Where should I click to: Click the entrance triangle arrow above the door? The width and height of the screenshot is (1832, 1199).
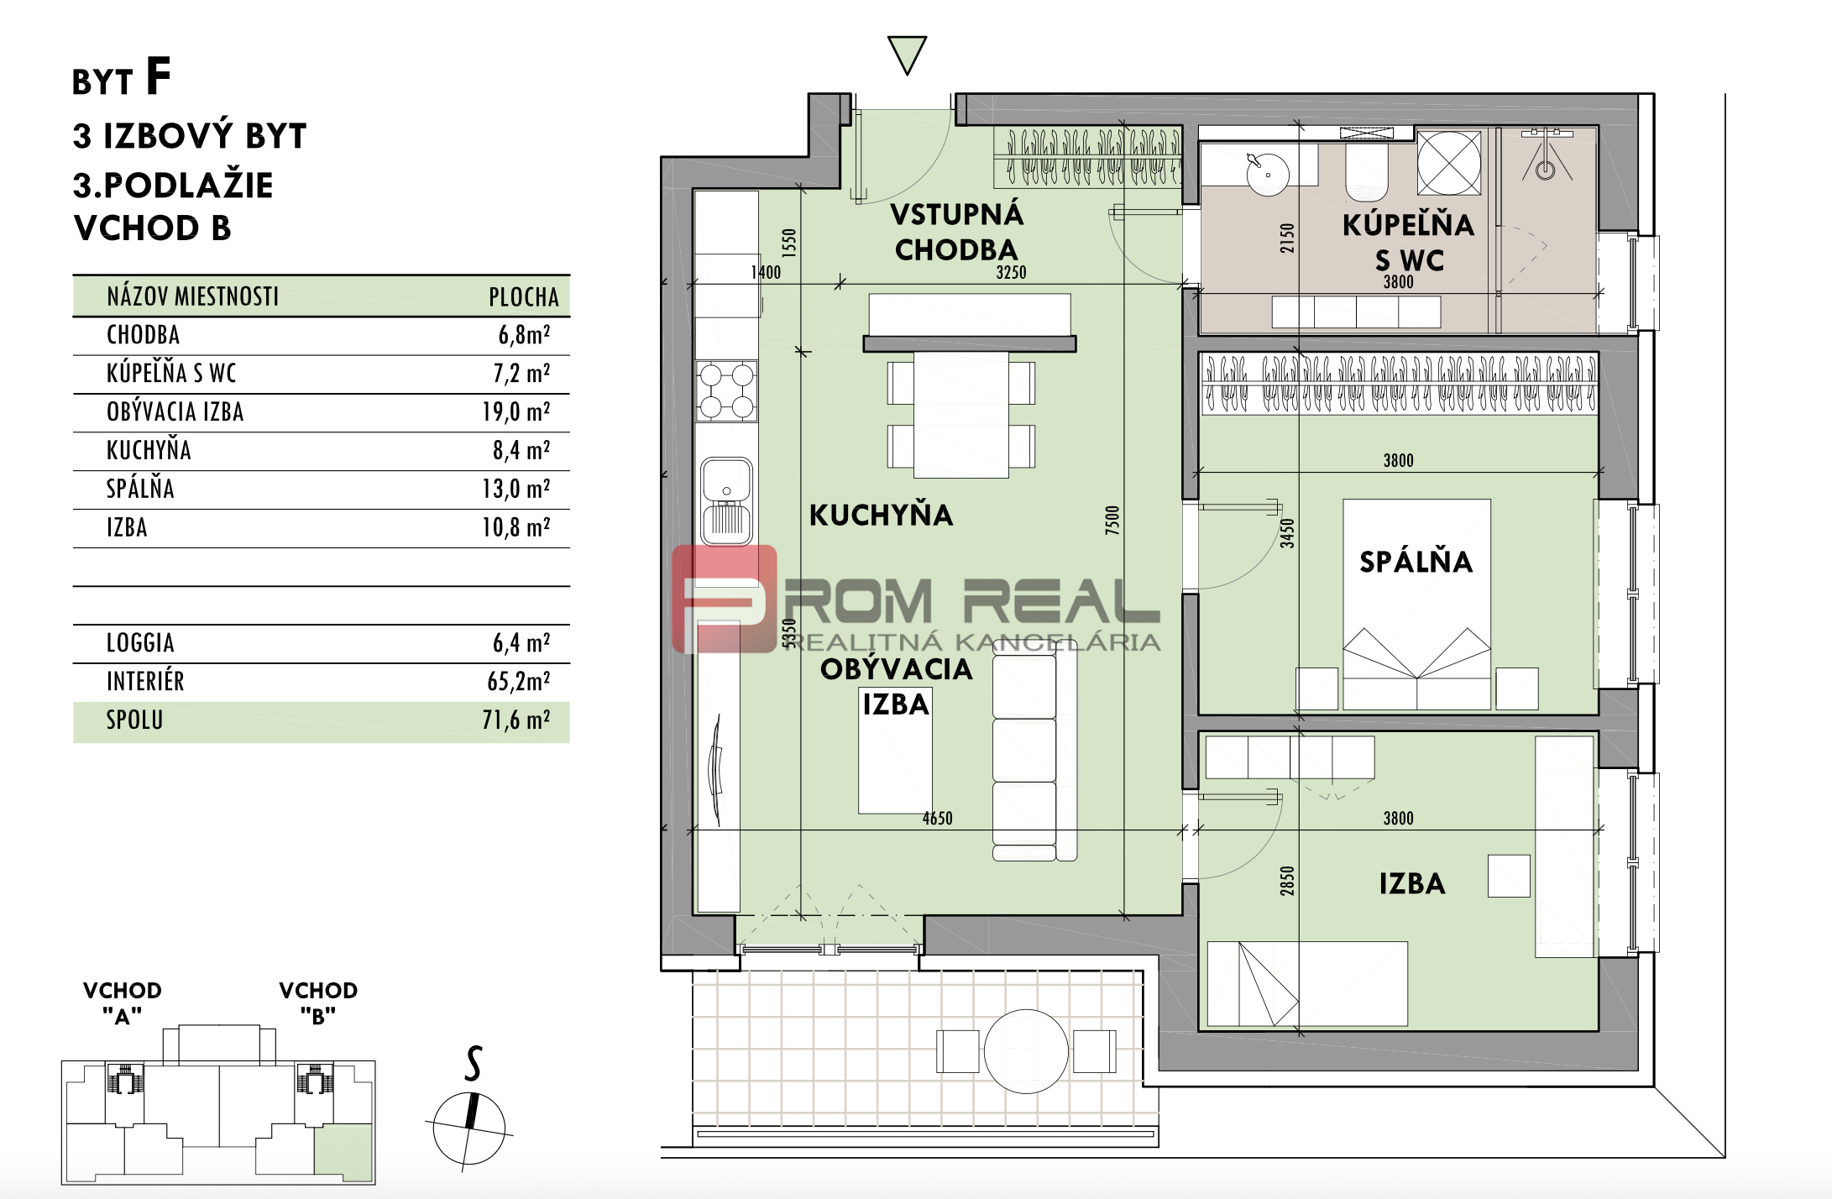[907, 54]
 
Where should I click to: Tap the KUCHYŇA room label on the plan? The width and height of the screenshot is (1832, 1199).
[881, 514]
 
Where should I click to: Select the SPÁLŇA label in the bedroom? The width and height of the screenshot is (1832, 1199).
[1416, 561]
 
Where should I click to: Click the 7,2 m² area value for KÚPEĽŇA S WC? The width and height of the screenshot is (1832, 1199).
[521, 373]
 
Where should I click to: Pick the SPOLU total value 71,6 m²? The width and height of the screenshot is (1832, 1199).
[516, 720]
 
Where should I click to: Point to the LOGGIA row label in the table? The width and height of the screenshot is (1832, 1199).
[140, 643]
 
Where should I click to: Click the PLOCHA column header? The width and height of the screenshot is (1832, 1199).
[524, 297]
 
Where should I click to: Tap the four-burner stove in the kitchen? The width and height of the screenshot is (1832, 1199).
[727, 390]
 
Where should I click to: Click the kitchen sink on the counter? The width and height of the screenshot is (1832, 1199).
[726, 500]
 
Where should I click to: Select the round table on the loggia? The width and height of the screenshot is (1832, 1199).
[1026, 1051]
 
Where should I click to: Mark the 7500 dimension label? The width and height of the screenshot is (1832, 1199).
[1112, 520]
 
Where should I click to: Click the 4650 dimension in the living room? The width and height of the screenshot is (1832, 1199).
[938, 818]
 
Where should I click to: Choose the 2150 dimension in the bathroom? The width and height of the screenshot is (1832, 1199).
[1287, 238]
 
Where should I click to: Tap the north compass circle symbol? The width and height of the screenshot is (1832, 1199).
[469, 1128]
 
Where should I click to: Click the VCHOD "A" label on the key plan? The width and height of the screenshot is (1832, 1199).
[123, 1003]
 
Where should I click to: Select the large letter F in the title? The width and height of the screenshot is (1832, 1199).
[158, 76]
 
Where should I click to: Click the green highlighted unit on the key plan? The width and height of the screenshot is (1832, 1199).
[343, 1150]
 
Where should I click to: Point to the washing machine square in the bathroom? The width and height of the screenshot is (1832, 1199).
[1449, 163]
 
